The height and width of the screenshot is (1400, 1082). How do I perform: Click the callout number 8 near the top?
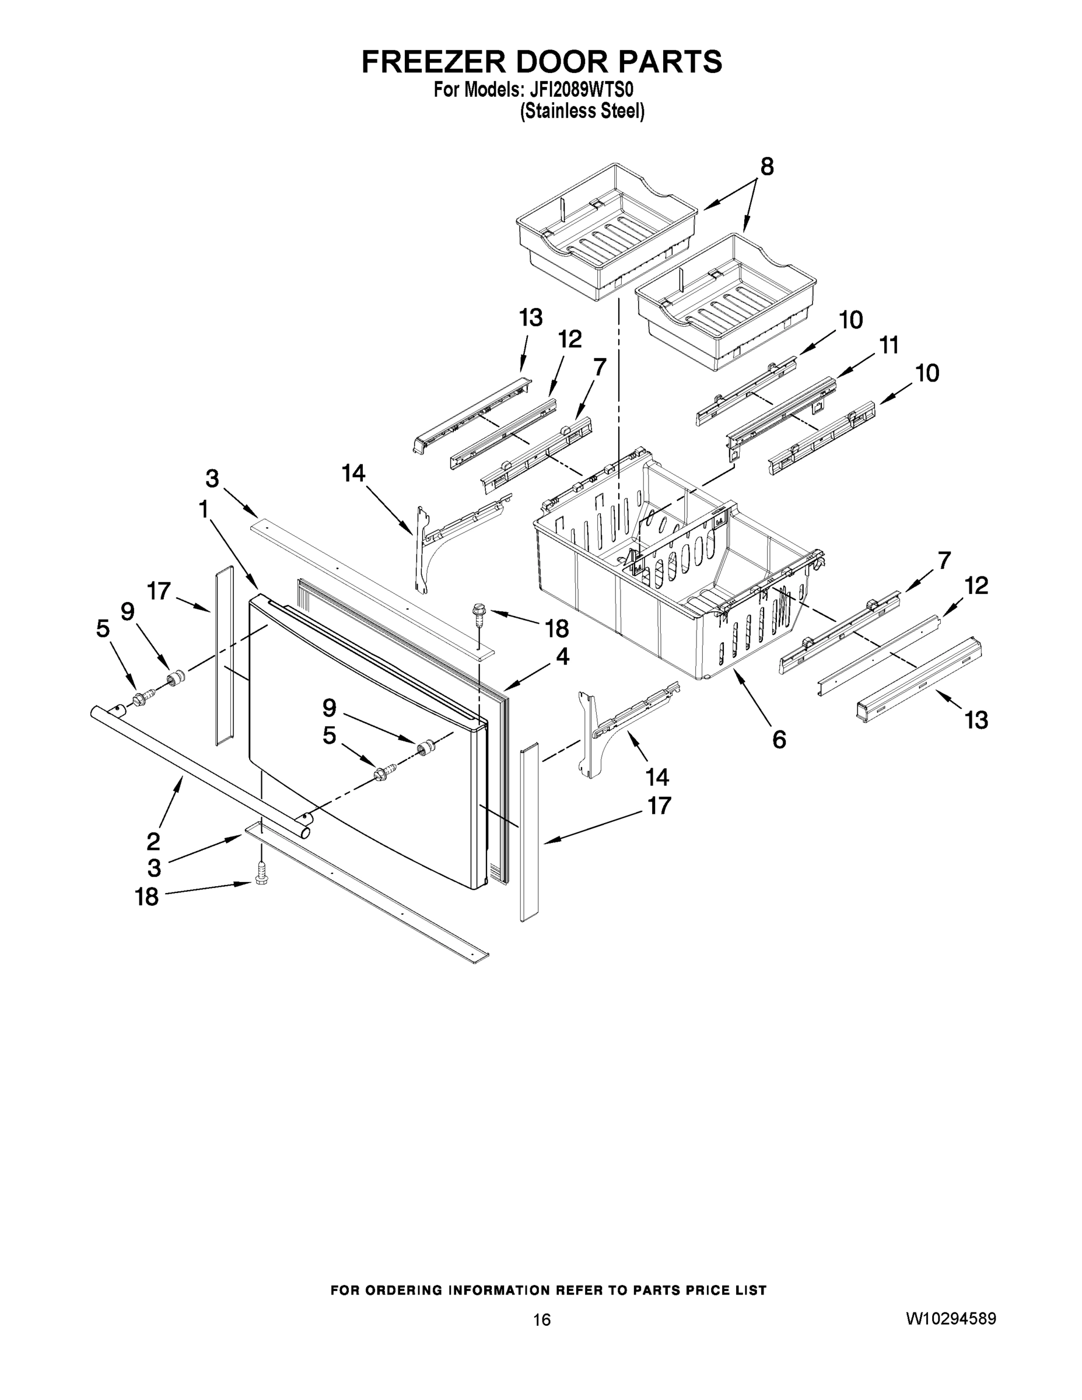766,167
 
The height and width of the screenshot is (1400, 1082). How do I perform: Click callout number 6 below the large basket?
779,740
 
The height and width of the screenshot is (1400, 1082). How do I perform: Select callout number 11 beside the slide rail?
888,345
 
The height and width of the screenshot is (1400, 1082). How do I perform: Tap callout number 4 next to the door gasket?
562,656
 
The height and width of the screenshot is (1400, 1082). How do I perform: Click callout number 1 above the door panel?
203,510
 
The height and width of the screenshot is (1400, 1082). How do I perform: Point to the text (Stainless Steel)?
582,111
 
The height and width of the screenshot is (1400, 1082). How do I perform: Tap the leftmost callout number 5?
103,629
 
